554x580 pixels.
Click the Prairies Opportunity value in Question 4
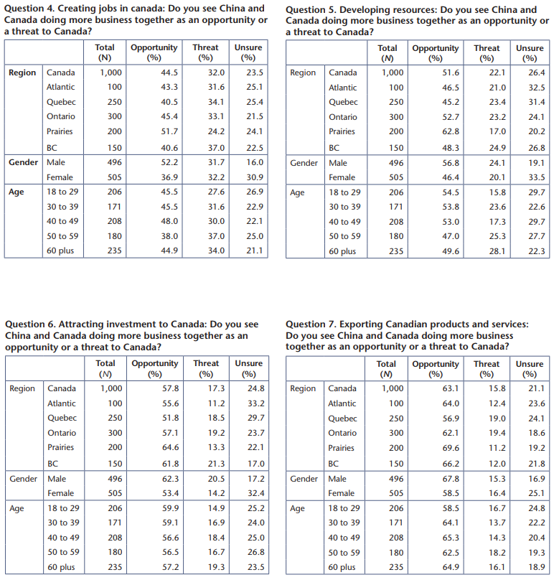click(169, 131)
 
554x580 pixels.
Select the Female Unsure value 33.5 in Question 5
click(537, 177)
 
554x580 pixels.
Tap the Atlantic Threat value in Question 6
click(216, 403)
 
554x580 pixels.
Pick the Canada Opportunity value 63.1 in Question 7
click(451, 388)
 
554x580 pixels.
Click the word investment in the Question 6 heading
click(131, 324)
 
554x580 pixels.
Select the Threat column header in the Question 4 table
click(205, 52)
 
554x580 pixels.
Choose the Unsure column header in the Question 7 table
click(530, 369)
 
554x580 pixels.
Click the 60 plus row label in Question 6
click(61, 567)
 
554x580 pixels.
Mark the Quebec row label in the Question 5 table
click(343, 102)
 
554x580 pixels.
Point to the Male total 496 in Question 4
click(115, 162)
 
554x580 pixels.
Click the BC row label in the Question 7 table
click(333, 464)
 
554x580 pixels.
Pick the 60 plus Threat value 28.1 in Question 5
click(497, 251)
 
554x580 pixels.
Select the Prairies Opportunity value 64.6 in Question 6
click(170, 447)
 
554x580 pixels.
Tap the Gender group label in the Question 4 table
click(23, 162)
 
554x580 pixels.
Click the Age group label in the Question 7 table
click(297, 509)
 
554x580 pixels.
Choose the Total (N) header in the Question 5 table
click(388, 53)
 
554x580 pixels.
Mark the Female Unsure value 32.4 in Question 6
click(256, 493)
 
